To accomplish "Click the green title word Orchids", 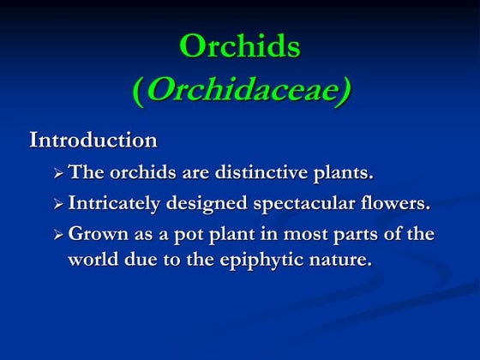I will [x=240, y=47].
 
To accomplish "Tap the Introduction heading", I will [x=93, y=139].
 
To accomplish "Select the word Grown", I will [x=94, y=235].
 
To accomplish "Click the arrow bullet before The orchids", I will [x=58, y=174].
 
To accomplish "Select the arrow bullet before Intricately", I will [x=58, y=205].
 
